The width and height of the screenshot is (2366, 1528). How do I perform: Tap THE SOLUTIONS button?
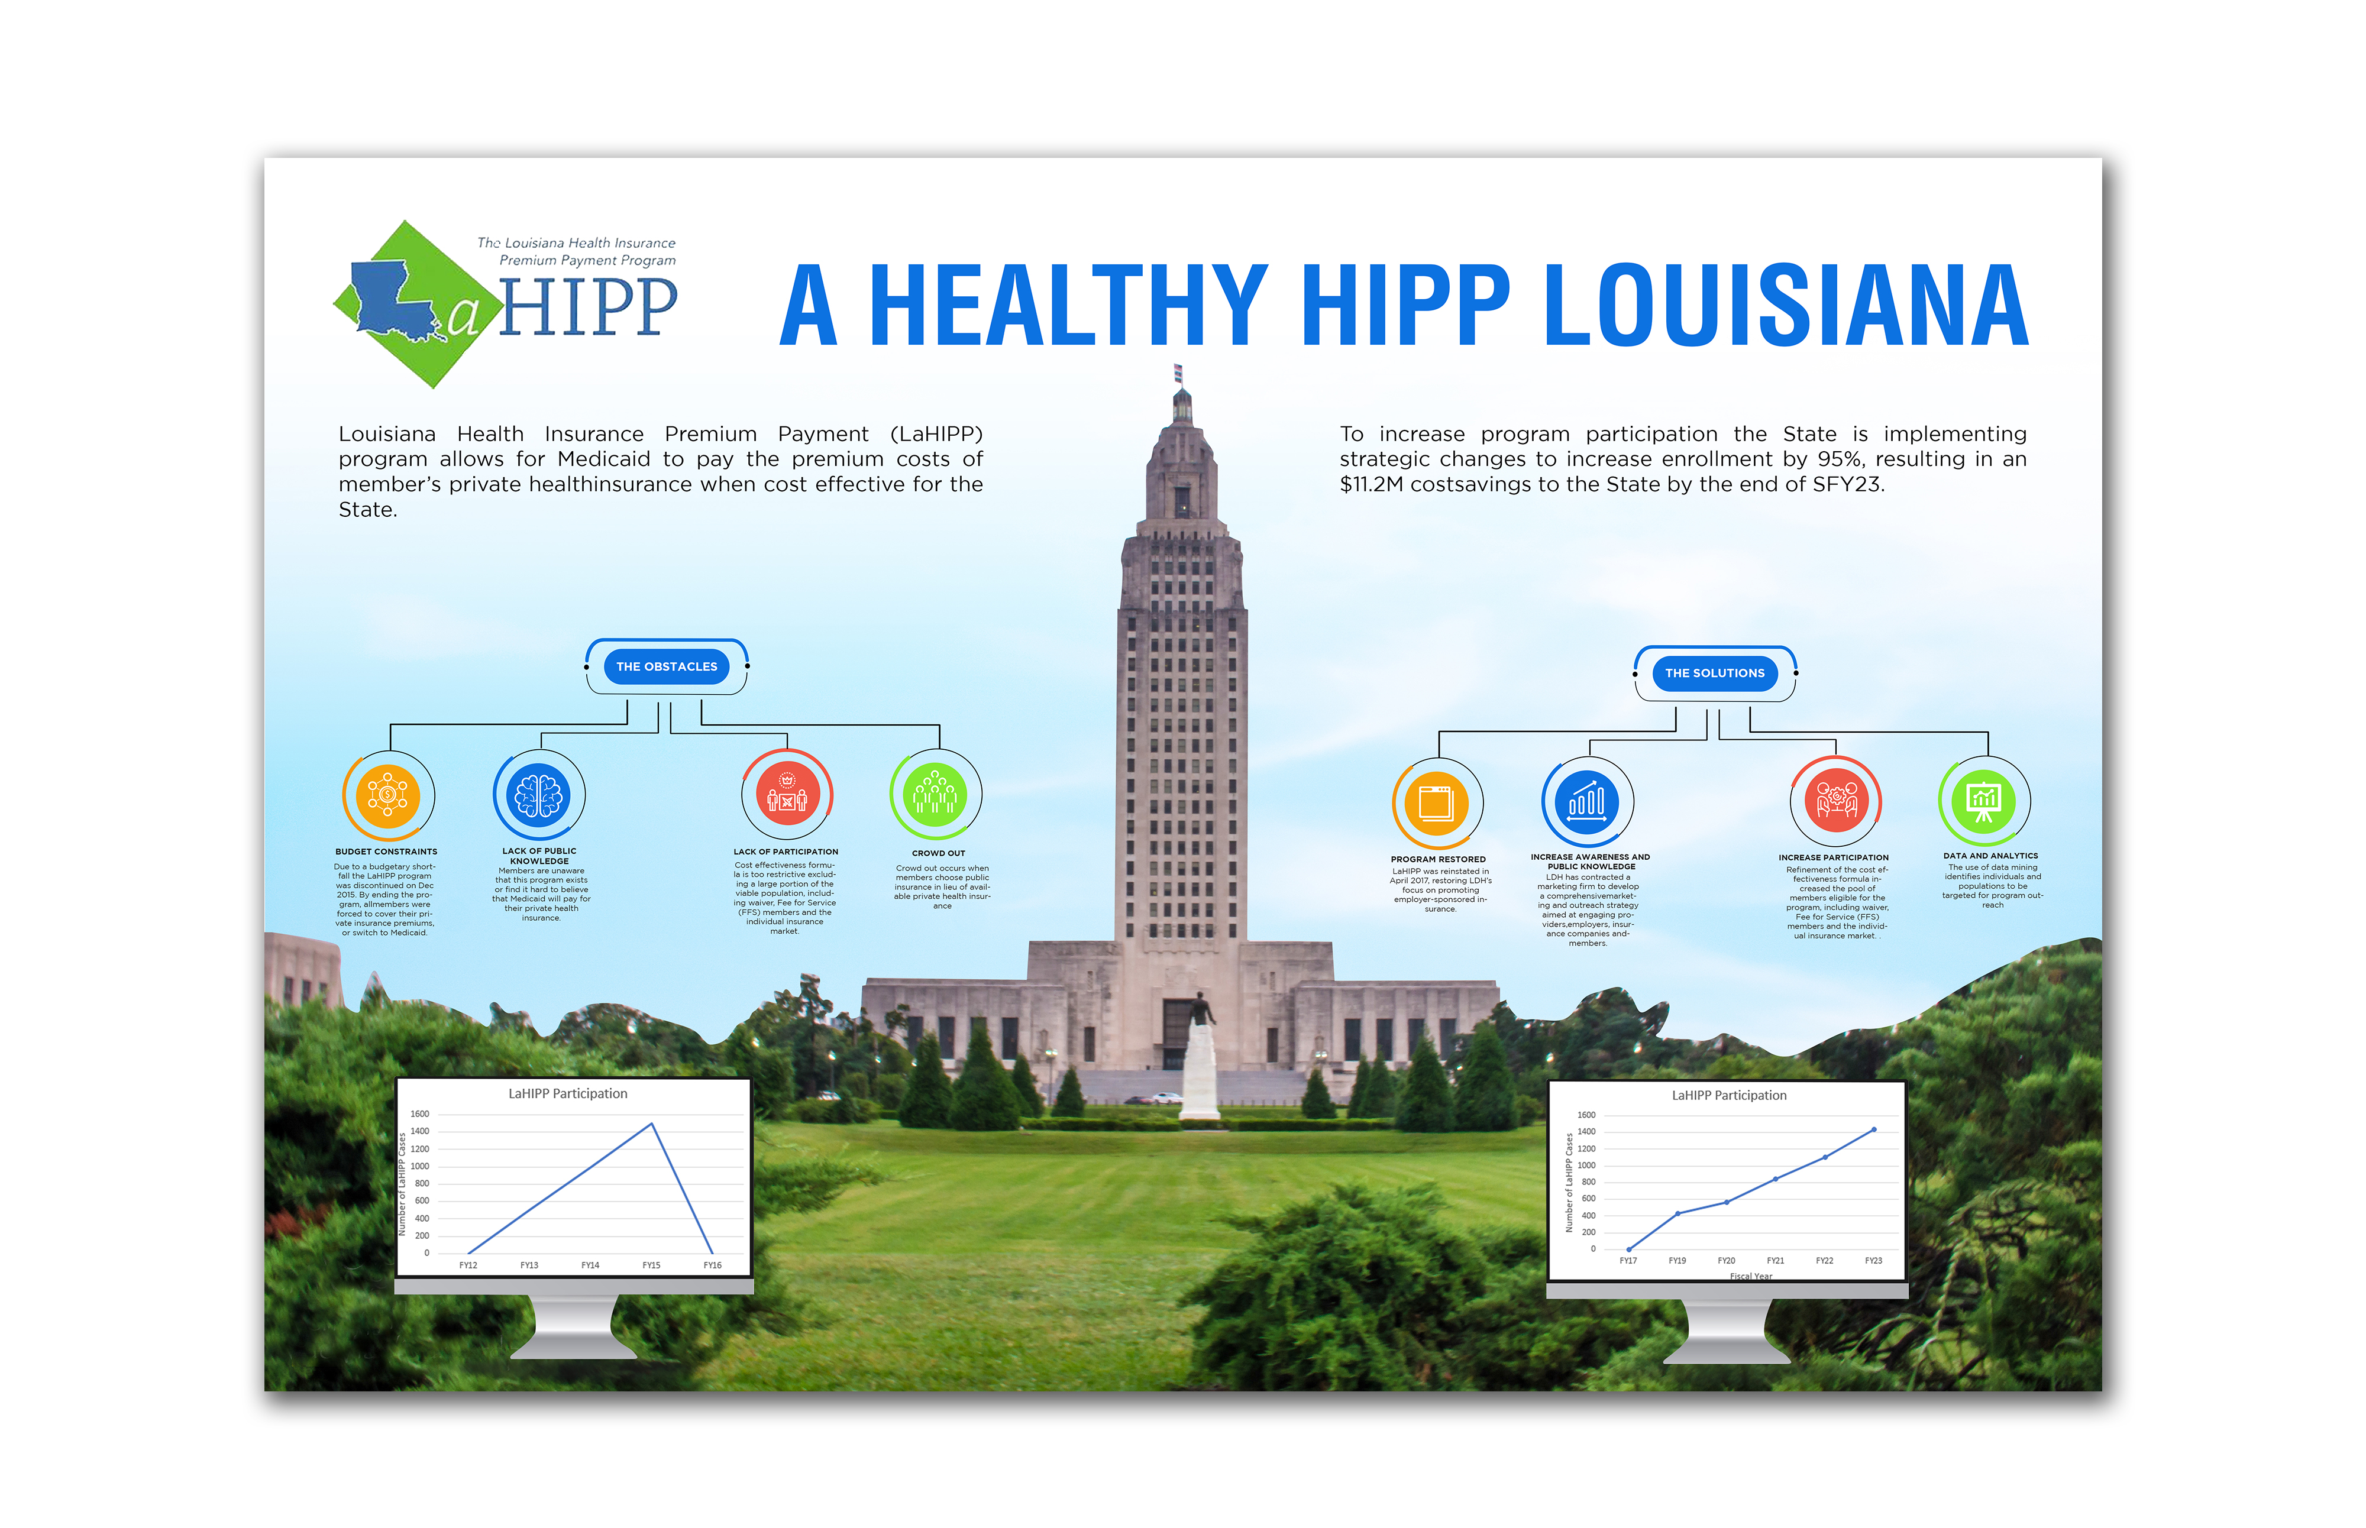pos(1714,673)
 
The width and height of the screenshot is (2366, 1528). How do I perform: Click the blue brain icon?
pos(539,795)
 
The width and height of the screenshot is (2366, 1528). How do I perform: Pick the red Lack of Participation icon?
pos(787,795)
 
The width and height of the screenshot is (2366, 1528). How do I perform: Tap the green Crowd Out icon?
pos(935,795)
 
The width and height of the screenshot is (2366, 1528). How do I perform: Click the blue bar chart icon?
pos(1587,802)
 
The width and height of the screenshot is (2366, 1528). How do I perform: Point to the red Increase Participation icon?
pos(1836,802)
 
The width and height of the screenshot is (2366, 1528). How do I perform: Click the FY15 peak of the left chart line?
pos(651,1124)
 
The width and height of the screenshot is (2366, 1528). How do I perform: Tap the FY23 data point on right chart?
pos(1874,1129)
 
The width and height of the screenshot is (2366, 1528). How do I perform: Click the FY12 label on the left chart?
pos(468,1265)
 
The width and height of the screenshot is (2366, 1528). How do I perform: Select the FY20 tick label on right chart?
pos(1727,1260)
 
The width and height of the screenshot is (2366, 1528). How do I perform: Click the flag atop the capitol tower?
pos(1178,373)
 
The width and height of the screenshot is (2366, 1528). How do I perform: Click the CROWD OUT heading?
pos(938,853)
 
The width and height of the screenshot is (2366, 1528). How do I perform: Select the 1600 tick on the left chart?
pos(420,1114)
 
